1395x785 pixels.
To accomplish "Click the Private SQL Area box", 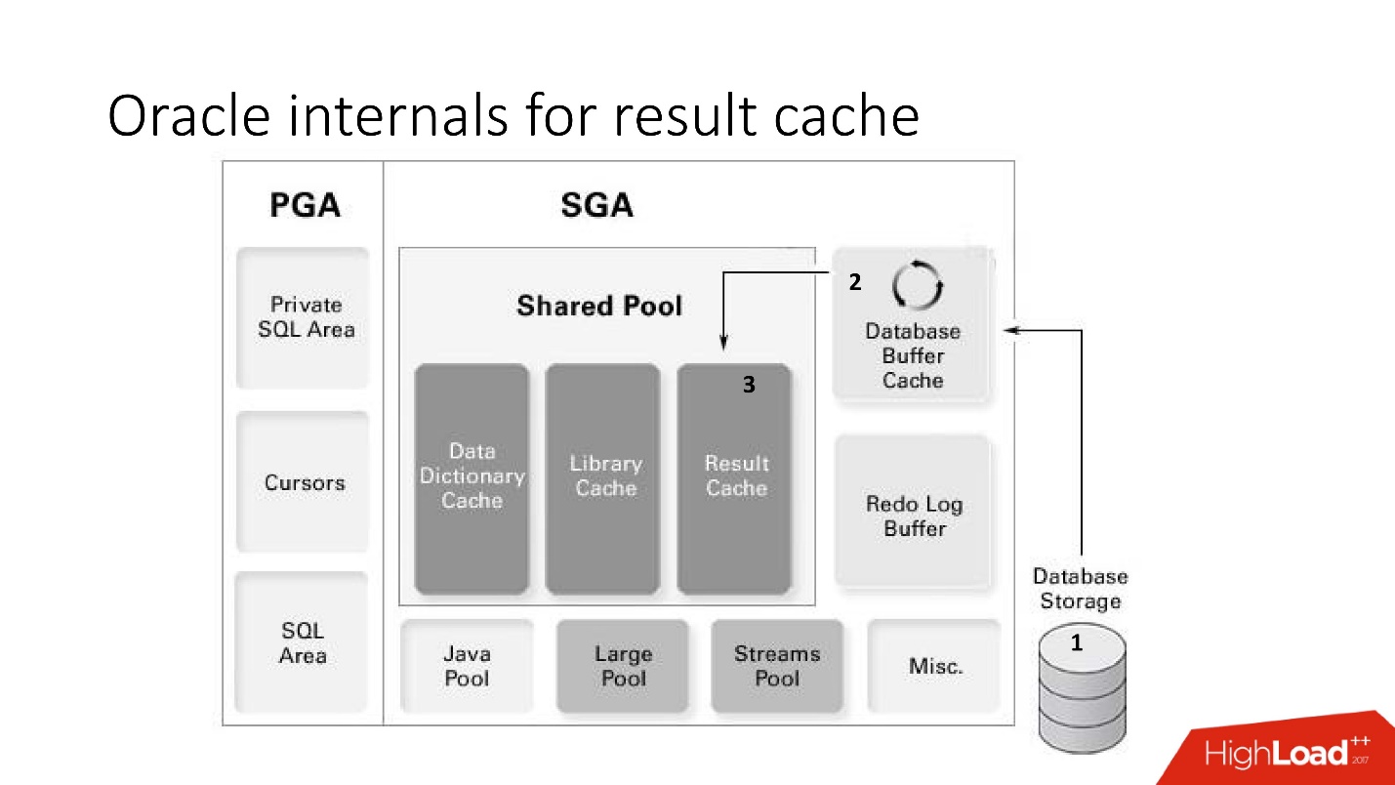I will pyautogui.click(x=304, y=317).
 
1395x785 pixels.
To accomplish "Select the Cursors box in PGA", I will pyautogui.click(x=304, y=482).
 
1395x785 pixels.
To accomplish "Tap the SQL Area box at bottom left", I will pyautogui.click(x=303, y=643).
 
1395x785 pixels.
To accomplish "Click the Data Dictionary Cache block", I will pyautogui.click(x=472, y=477).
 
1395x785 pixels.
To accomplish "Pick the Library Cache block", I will pyautogui.click(x=604, y=477).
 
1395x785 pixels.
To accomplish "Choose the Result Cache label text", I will pyautogui.click(x=736, y=475).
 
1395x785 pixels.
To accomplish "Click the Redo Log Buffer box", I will pyautogui.click(x=914, y=516).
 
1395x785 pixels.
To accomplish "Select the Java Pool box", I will pyautogui.click(x=467, y=666).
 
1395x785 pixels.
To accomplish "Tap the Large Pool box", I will pyautogui.click(x=623, y=666).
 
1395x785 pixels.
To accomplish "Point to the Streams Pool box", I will pyautogui.click(x=777, y=666).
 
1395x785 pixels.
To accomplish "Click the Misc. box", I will pyautogui.click(x=934, y=666).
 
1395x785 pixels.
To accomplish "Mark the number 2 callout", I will pyautogui.click(x=855, y=283).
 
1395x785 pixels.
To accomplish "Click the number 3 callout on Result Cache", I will pyautogui.click(x=749, y=386).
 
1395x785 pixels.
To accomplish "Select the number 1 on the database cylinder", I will pyautogui.click(x=1078, y=643).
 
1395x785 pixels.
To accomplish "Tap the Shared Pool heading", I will pyautogui.click(x=599, y=306).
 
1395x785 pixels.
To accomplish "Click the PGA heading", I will pyautogui.click(x=305, y=206).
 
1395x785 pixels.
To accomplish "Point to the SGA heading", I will pyautogui.click(x=596, y=206).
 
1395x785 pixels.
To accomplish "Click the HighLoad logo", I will pyautogui.click(x=1287, y=753).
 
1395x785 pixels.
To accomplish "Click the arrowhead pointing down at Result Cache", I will pyautogui.click(x=722, y=343).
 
